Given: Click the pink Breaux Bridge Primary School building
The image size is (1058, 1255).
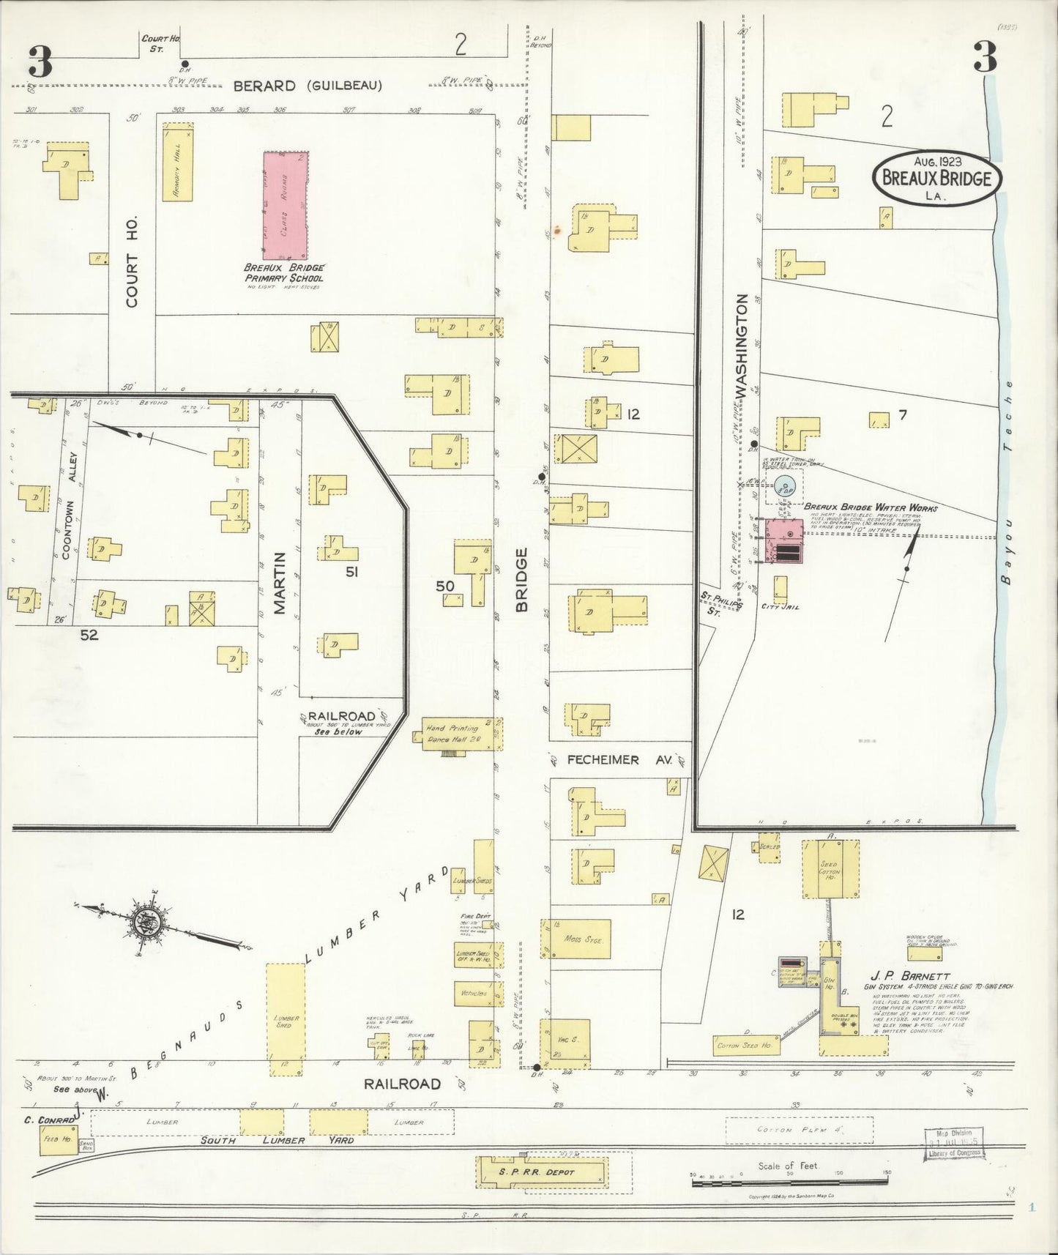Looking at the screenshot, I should [x=286, y=206].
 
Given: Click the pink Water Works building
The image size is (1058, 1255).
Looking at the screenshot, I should [x=783, y=541].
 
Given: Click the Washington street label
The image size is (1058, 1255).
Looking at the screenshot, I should [x=742, y=346].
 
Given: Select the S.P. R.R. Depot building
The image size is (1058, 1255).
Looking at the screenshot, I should [x=543, y=1172].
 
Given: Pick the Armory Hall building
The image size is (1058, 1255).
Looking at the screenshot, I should [x=178, y=162].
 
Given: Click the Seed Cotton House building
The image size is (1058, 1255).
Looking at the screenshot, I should [x=830, y=868].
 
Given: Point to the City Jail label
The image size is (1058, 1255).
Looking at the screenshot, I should [x=778, y=606].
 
